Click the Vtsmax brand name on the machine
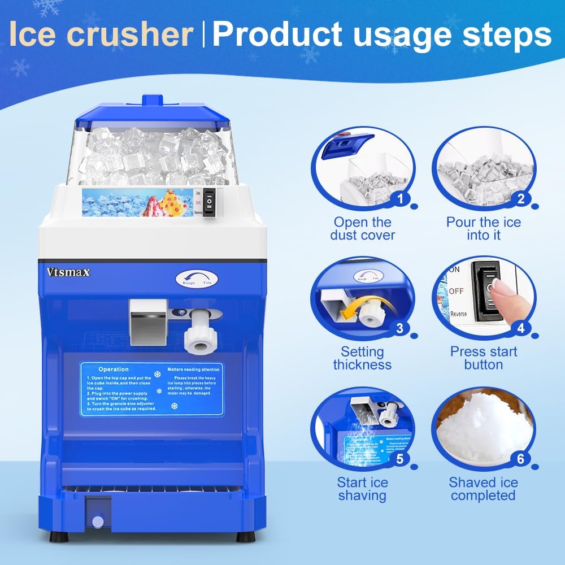(68, 272)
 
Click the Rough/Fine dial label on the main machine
(194, 279)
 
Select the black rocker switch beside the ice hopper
(210, 202)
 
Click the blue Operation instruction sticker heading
(114, 369)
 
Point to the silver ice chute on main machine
(147, 322)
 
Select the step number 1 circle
(401, 198)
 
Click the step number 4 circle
(520, 328)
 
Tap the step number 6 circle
(520, 458)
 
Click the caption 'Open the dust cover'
(363, 229)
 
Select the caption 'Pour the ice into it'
(484, 229)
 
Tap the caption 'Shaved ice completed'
(483, 489)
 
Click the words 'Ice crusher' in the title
(101, 35)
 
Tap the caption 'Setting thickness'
(363, 358)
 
